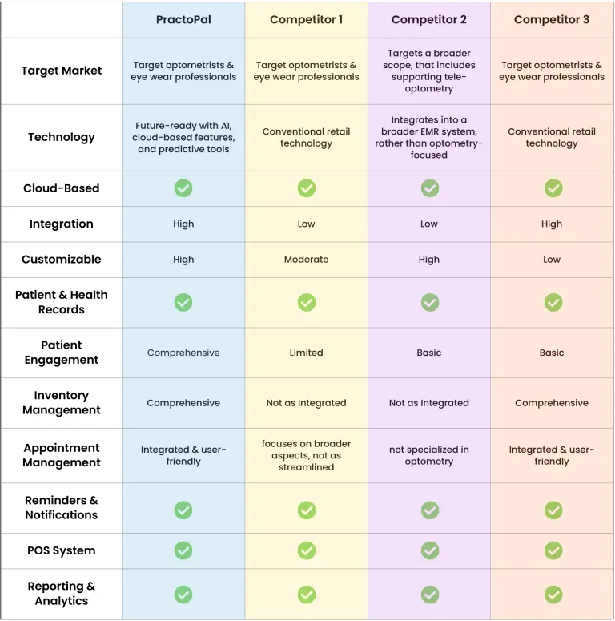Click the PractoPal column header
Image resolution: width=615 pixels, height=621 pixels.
[183, 19]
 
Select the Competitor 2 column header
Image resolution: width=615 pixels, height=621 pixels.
[429, 19]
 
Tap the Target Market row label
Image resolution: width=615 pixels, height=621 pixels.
[62, 71]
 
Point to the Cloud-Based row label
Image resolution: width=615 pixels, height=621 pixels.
[62, 188]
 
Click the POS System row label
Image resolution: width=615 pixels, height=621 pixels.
[62, 550]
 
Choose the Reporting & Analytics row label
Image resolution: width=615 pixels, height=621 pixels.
[62, 594]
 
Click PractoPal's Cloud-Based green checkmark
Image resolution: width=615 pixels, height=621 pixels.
[183, 188]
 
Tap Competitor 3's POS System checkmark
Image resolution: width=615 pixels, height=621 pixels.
[553, 550]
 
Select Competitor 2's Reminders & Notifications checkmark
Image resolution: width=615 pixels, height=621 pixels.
[430, 510]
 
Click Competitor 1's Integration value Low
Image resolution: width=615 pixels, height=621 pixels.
[306, 224]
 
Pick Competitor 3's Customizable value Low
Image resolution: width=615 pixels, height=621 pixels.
[552, 260]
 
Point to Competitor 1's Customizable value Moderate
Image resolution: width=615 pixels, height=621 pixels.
[306, 260]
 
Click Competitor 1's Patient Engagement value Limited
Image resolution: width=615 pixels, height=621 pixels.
[306, 353]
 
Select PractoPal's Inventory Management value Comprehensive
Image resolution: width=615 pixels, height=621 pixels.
[183, 403]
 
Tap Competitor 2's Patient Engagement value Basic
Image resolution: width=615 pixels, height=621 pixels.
[429, 353]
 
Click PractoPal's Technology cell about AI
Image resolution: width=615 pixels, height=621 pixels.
[183, 137]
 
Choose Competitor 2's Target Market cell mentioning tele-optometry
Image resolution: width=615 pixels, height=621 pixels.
[429, 71]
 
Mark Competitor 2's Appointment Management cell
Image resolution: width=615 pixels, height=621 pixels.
[429, 455]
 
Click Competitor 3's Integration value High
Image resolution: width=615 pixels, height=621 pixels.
[552, 224]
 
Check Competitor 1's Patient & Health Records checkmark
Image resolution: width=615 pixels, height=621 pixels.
[307, 302]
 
